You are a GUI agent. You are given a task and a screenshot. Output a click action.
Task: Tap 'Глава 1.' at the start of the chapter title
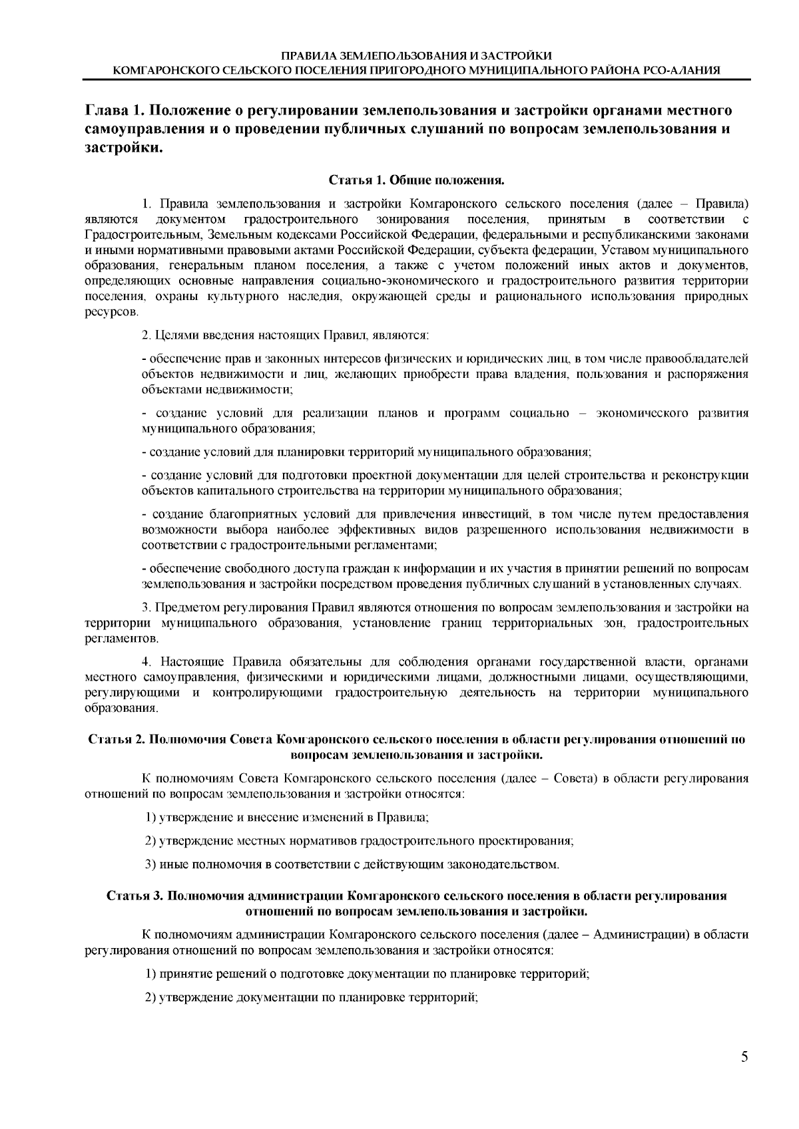110,109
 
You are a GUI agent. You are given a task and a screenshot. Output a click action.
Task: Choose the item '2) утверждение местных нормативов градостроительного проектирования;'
360,841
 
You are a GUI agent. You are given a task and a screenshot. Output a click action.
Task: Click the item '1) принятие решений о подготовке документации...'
368,975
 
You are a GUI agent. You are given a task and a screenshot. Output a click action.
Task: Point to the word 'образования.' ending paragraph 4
122,709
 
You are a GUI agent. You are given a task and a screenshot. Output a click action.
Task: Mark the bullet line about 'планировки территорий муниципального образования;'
366,452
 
